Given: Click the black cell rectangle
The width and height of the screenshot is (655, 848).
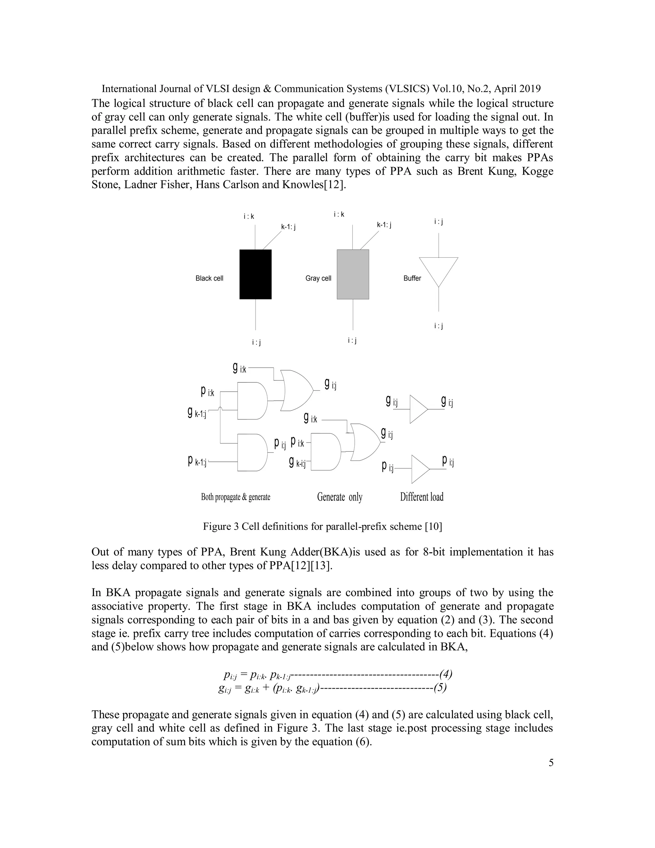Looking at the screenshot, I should click(x=255, y=274).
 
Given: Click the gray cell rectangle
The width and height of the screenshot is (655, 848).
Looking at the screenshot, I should click(x=353, y=274).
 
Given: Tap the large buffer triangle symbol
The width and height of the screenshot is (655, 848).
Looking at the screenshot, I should click(x=438, y=270).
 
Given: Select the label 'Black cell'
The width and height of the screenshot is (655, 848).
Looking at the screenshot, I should click(x=209, y=278).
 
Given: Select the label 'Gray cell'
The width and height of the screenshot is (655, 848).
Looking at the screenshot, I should click(x=318, y=278).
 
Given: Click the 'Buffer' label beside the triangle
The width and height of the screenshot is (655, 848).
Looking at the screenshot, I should click(x=412, y=278).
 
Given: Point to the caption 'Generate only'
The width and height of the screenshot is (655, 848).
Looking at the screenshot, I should click(x=340, y=497).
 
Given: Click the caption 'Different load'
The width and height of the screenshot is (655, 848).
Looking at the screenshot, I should click(x=422, y=497).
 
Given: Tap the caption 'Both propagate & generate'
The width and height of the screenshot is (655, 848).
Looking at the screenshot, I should click(x=235, y=497).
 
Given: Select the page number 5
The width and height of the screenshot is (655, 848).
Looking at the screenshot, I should click(x=551, y=763).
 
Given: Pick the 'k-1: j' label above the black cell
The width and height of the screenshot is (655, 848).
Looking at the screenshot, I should click(x=288, y=227).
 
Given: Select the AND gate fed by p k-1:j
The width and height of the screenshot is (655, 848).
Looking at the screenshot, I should click(x=252, y=452).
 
